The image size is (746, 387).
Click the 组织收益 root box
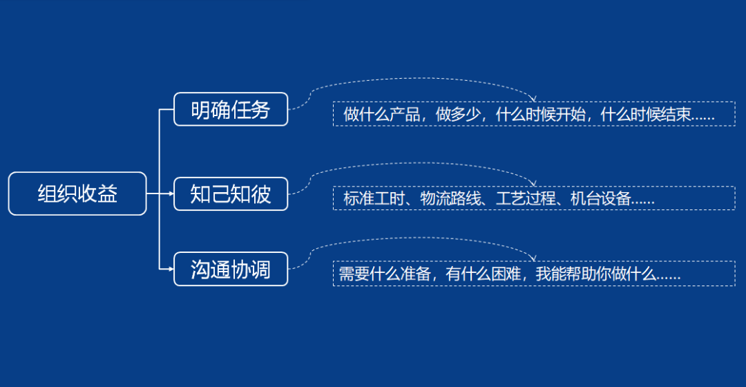coord(77,193)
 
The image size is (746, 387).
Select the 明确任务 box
coord(230,109)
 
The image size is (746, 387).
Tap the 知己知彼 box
coord(230,194)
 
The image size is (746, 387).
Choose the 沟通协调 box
coord(230,270)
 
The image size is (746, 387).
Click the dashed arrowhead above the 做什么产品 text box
coord(533,100)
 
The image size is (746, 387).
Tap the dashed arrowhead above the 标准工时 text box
coord(533,183)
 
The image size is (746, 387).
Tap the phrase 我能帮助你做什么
coord(595,274)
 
